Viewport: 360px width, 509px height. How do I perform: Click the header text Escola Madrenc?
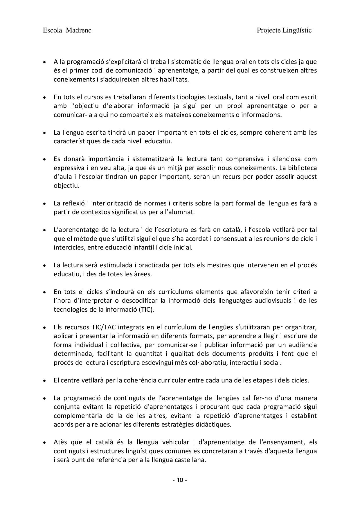click(x=67, y=30)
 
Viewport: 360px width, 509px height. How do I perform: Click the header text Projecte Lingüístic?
click(x=284, y=30)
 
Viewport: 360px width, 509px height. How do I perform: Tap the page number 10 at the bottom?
click(x=180, y=480)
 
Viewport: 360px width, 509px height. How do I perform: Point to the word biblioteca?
click(x=302, y=168)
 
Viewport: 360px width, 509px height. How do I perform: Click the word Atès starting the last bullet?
click(x=61, y=442)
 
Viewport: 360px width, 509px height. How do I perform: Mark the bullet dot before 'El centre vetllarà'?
click(x=44, y=380)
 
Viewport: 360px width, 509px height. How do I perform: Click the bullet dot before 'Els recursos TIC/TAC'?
click(x=44, y=328)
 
